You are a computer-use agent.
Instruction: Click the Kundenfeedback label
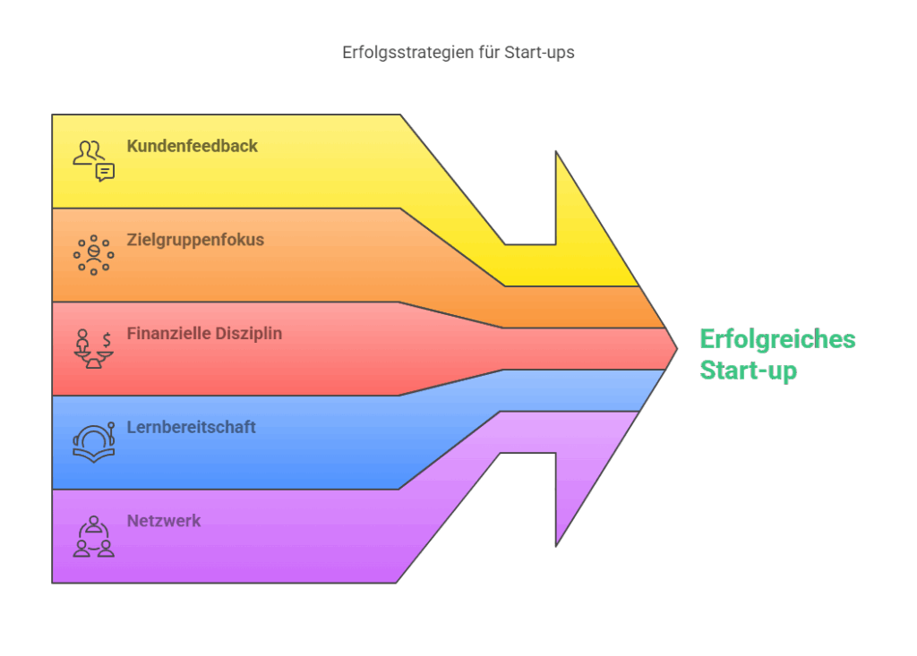coord(192,146)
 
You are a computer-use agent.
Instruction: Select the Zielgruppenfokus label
coord(195,240)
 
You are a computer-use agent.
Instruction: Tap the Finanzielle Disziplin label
coord(204,333)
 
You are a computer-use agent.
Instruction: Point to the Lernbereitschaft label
coord(192,427)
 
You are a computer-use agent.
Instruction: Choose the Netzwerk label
coord(164,520)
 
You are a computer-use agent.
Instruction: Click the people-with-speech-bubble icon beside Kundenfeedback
coord(93,161)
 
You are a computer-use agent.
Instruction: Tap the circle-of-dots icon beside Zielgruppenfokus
coord(93,255)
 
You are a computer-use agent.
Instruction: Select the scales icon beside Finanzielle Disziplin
coord(93,348)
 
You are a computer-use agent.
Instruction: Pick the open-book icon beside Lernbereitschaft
coord(93,443)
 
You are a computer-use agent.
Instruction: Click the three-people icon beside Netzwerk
coord(93,536)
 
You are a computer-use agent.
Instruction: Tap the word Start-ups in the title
coord(539,53)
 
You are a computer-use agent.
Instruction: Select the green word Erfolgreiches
coord(778,339)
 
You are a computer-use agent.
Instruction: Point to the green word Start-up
coord(749,371)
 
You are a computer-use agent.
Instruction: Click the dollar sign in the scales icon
coord(107,340)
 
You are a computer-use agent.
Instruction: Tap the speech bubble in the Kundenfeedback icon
coord(106,173)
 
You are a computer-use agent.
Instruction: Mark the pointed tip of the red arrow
coord(677,349)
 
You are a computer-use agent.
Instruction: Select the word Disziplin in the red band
coord(249,333)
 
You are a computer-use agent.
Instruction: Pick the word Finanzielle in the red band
coord(168,333)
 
